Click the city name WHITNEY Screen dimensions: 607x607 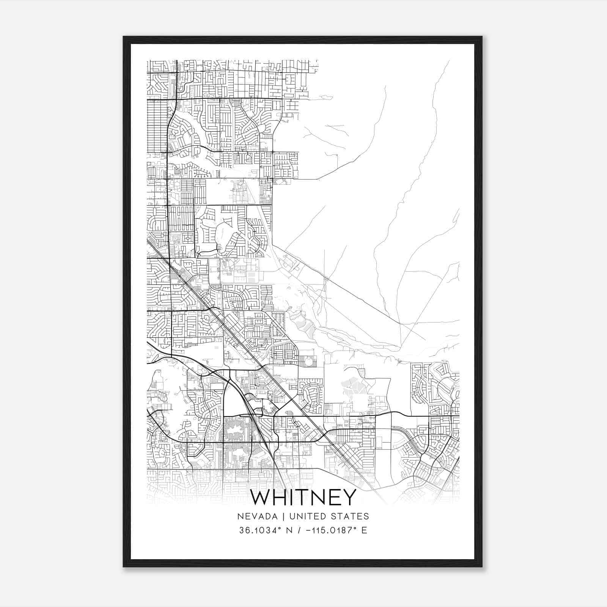[x=303, y=497]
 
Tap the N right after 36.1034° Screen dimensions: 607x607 [x=288, y=530]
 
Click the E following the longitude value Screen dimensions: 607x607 [x=365, y=530]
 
